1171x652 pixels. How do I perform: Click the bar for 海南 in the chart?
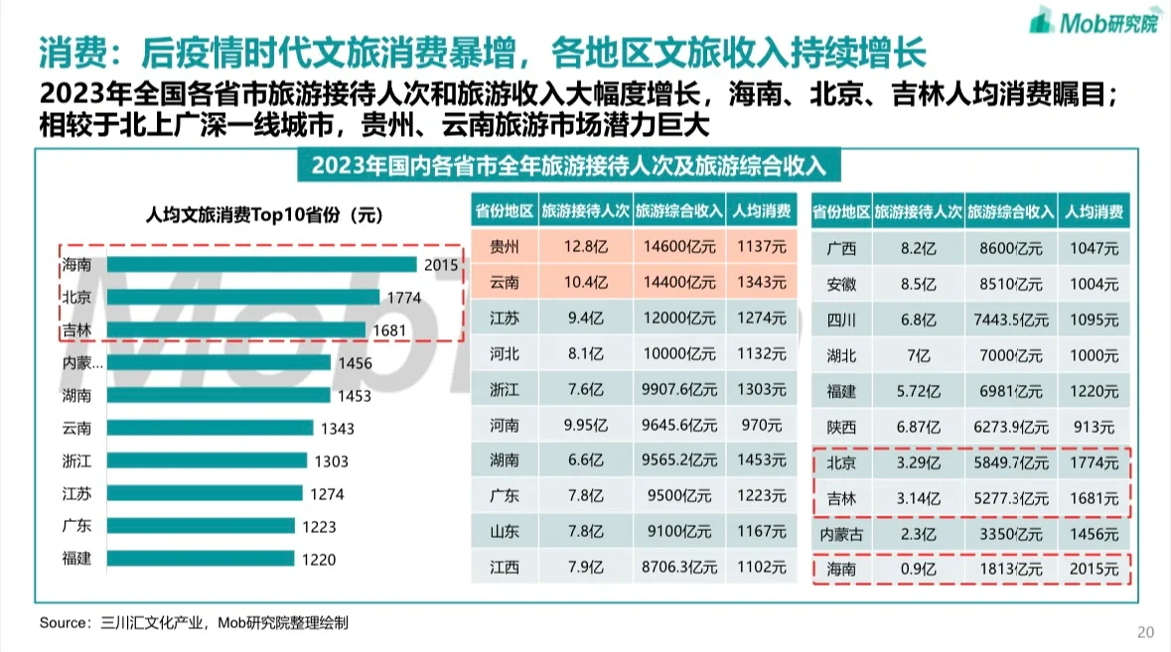click(x=262, y=264)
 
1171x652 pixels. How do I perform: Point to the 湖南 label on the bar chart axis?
click(x=76, y=395)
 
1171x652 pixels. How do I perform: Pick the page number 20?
click(x=1145, y=632)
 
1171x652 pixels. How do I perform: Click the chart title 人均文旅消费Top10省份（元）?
click(x=263, y=213)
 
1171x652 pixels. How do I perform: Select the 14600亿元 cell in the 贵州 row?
click(x=679, y=246)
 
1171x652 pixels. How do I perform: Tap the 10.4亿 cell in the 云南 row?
click(x=584, y=283)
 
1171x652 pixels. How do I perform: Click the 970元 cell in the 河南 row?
click(x=762, y=426)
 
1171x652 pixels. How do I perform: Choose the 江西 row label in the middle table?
click(x=504, y=569)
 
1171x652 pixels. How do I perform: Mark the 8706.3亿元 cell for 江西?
click(x=679, y=569)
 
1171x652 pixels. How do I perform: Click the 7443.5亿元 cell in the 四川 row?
click(x=1011, y=320)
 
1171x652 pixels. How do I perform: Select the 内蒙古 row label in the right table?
click(x=840, y=534)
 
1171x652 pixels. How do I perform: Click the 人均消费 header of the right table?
click(x=1094, y=211)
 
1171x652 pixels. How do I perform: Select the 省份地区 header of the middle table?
click(x=504, y=211)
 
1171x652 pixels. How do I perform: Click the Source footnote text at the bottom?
click(x=194, y=622)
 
